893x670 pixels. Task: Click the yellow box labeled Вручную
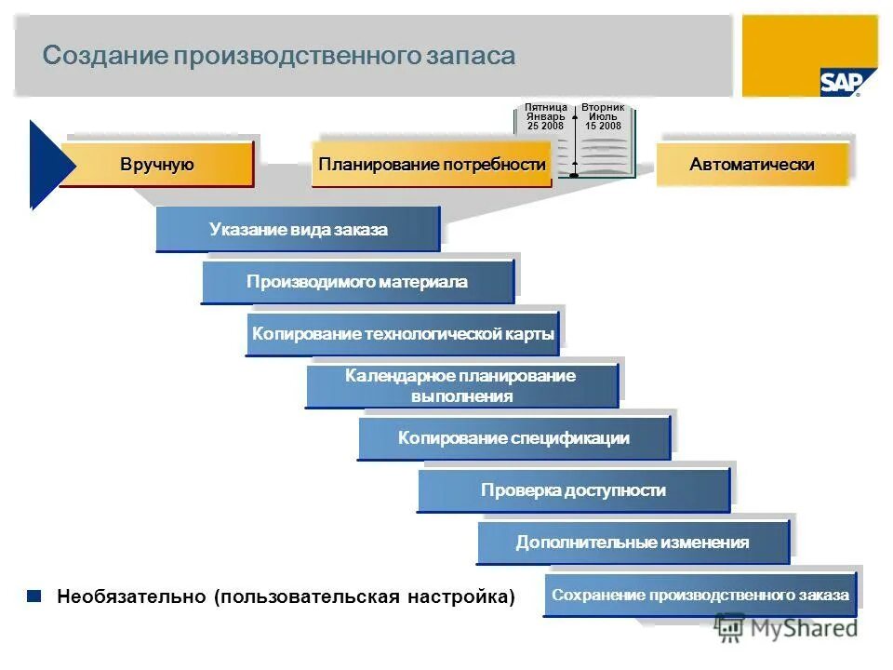click(157, 165)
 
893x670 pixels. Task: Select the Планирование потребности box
click(432, 165)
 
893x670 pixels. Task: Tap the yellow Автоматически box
click(752, 165)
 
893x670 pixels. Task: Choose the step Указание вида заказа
click(298, 230)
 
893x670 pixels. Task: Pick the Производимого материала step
click(357, 282)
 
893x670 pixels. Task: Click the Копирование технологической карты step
click(402, 334)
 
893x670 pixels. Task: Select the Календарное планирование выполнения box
click(461, 386)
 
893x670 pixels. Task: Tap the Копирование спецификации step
click(513, 438)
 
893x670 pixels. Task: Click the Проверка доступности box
click(573, 490)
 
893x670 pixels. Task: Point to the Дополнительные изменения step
click(633, 543)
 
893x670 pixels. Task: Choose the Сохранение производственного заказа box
click(700, 595)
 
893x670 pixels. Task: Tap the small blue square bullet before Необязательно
click(34, 596)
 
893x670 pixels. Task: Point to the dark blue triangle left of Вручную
click(45, 165)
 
